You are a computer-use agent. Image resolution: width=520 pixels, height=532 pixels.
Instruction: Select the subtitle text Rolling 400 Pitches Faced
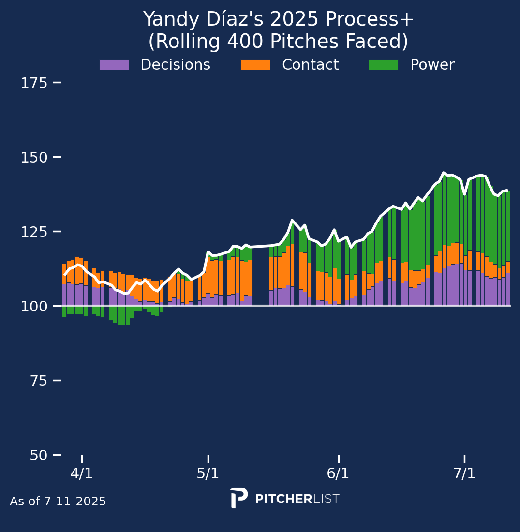[278, 42]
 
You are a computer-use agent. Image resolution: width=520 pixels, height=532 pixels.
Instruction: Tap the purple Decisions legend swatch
[114, 65]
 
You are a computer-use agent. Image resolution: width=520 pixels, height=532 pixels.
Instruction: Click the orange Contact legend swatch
[255, 65]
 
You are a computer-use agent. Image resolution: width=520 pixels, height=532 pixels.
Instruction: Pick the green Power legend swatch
[384, 65]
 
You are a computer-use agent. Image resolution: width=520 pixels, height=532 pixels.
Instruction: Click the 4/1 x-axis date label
[81, 473]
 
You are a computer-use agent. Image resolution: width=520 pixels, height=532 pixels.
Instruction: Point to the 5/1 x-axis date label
[208, 473]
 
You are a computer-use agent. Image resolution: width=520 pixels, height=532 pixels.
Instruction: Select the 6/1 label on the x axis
[338, 473]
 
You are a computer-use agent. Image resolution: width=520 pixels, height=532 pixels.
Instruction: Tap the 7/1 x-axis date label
[464, 473]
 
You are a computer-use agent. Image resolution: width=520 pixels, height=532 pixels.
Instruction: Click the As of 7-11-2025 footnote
[58, 502]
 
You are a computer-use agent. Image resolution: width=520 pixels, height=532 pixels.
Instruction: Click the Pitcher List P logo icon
[238, 498]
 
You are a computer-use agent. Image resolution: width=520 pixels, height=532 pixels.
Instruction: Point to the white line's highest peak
[444, 173]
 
